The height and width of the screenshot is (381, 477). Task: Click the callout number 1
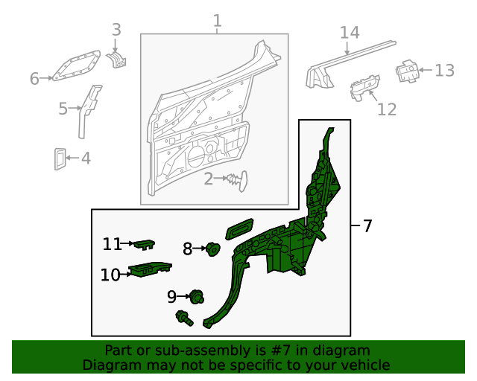pyautogui.click(x=217, y=21)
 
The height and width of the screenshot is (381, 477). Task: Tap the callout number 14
pyautogui.click(x=350, y=33)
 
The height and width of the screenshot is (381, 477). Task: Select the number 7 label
pyautogui.click(x=367, y=226)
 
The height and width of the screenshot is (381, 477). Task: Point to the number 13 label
pyautogui.click(x=444, y=71)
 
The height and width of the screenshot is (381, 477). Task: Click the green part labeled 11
pyautogui.click(x=145, y=243)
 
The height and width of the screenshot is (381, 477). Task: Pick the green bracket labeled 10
pyautogui.click(x=150, y=269)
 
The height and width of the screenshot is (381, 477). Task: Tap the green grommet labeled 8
pyautogui.click(x=212, y=249)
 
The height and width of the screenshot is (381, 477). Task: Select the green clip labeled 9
pyautogui.click(x=197, y=297)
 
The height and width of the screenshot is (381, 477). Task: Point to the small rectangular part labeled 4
pyautogui.click(x=60, y=158)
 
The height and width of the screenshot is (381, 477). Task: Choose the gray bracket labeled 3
pyautogui.click(x=118, y=58)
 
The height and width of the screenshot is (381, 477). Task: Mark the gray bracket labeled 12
pyautogui.click(x=364, y=86)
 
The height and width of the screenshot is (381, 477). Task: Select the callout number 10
pyautogui.click(x=110, y=275)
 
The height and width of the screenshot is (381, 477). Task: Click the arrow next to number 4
pyautogui.click(x=73, y=158)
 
